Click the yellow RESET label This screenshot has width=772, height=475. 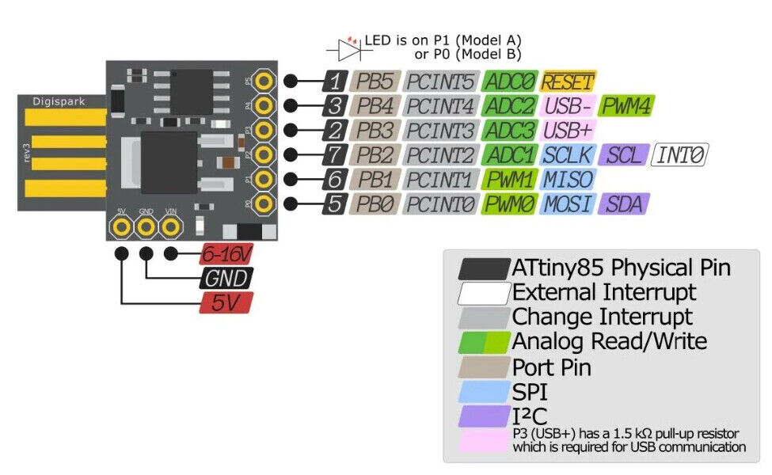point(569,82)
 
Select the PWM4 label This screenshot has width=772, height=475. point(626,106)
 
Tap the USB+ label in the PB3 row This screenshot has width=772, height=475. point(567,131)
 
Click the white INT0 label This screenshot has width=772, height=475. point(680,155)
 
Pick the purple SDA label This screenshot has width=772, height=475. point(624,204)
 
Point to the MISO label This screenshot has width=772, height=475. point(569,180)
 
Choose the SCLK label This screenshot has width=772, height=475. point(569,155)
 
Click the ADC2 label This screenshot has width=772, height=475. point(510,106)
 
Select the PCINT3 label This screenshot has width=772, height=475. point(441,131)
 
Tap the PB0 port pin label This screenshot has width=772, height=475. point(375,204)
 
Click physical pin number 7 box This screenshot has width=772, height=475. point(335,155)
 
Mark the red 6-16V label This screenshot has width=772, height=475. point(226,254)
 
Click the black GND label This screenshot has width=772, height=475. point(226,279)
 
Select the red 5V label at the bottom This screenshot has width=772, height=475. point(226,302)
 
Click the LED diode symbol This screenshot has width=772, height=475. point(349,49)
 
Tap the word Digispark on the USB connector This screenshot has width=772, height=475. point(59,102)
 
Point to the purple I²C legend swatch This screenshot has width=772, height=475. point(484,416)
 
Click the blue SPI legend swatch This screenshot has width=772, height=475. point(484,392)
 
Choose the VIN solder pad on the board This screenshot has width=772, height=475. point(170,227)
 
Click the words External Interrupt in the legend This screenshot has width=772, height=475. point(604,292)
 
